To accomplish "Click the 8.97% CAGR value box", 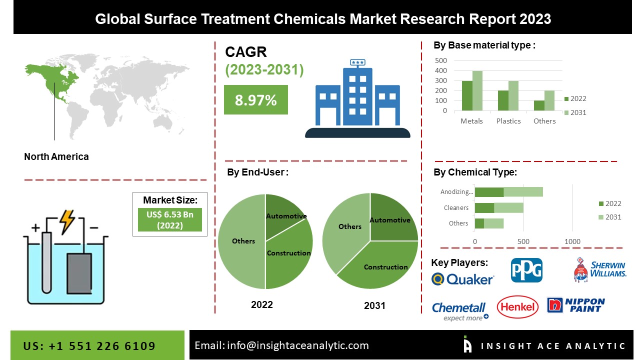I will click(255, 99).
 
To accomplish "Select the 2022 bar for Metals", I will click(467, 95).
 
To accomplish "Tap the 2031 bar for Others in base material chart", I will click(549, 100).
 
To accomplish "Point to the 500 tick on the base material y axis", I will click(441, 60).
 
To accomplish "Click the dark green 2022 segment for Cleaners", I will click(484, 207).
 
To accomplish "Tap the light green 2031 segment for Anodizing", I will click(523, 192).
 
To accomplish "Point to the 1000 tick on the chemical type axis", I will click(572, 241).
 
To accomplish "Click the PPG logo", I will click(526, 270).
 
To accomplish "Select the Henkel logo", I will click(517, 306).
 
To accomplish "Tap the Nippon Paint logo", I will click(576, 305).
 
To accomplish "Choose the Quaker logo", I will click(462, 279).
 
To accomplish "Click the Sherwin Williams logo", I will click(599, 270).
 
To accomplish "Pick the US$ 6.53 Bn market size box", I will click(170, 219).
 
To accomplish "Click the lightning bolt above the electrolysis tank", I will click(66, 221).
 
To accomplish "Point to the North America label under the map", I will click(56, 156).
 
